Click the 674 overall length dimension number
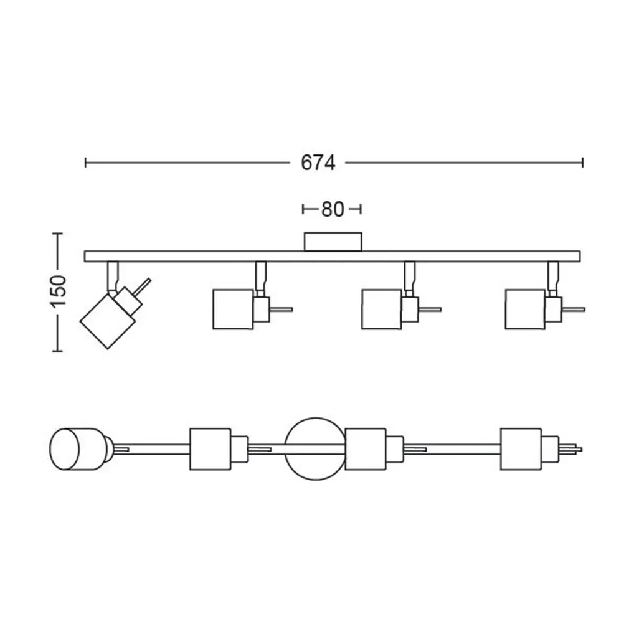click(x=318, y=163)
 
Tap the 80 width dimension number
click(x=333, y=209)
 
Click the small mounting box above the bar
click(x=333, y=242)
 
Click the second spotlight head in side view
click(x=233, y=310)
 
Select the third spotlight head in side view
click(x=382, y=310)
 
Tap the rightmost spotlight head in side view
click(x=526, y=310)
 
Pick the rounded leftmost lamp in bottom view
click(x=77, y=449)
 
